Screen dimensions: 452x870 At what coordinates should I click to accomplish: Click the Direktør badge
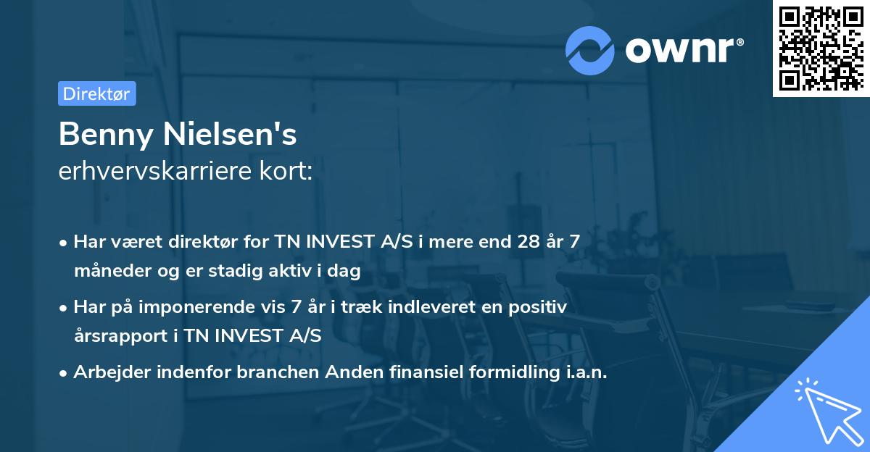coord(96,93)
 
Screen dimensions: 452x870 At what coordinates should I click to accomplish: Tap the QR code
coord(821,49)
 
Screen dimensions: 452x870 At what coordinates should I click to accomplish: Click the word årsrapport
coord(121,336)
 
